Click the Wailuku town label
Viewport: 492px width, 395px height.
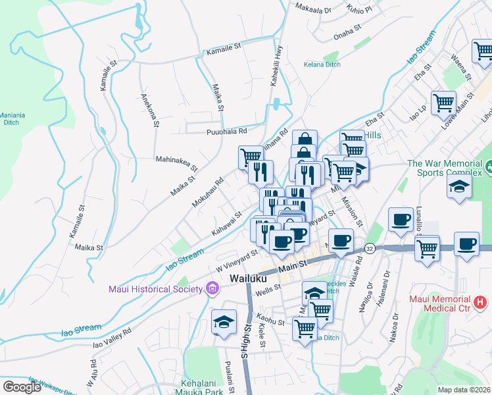(x=250, y=278)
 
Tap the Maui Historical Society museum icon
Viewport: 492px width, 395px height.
(x=212, y=288)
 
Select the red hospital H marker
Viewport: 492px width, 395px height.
(x=480, y=302)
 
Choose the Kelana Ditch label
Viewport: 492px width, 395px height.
(x=322, y=65)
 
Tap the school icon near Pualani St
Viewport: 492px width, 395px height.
(x=224, y=322)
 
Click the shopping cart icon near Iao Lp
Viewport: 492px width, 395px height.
(x=444, y=102)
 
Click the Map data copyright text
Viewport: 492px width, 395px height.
(x=464, y=390)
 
